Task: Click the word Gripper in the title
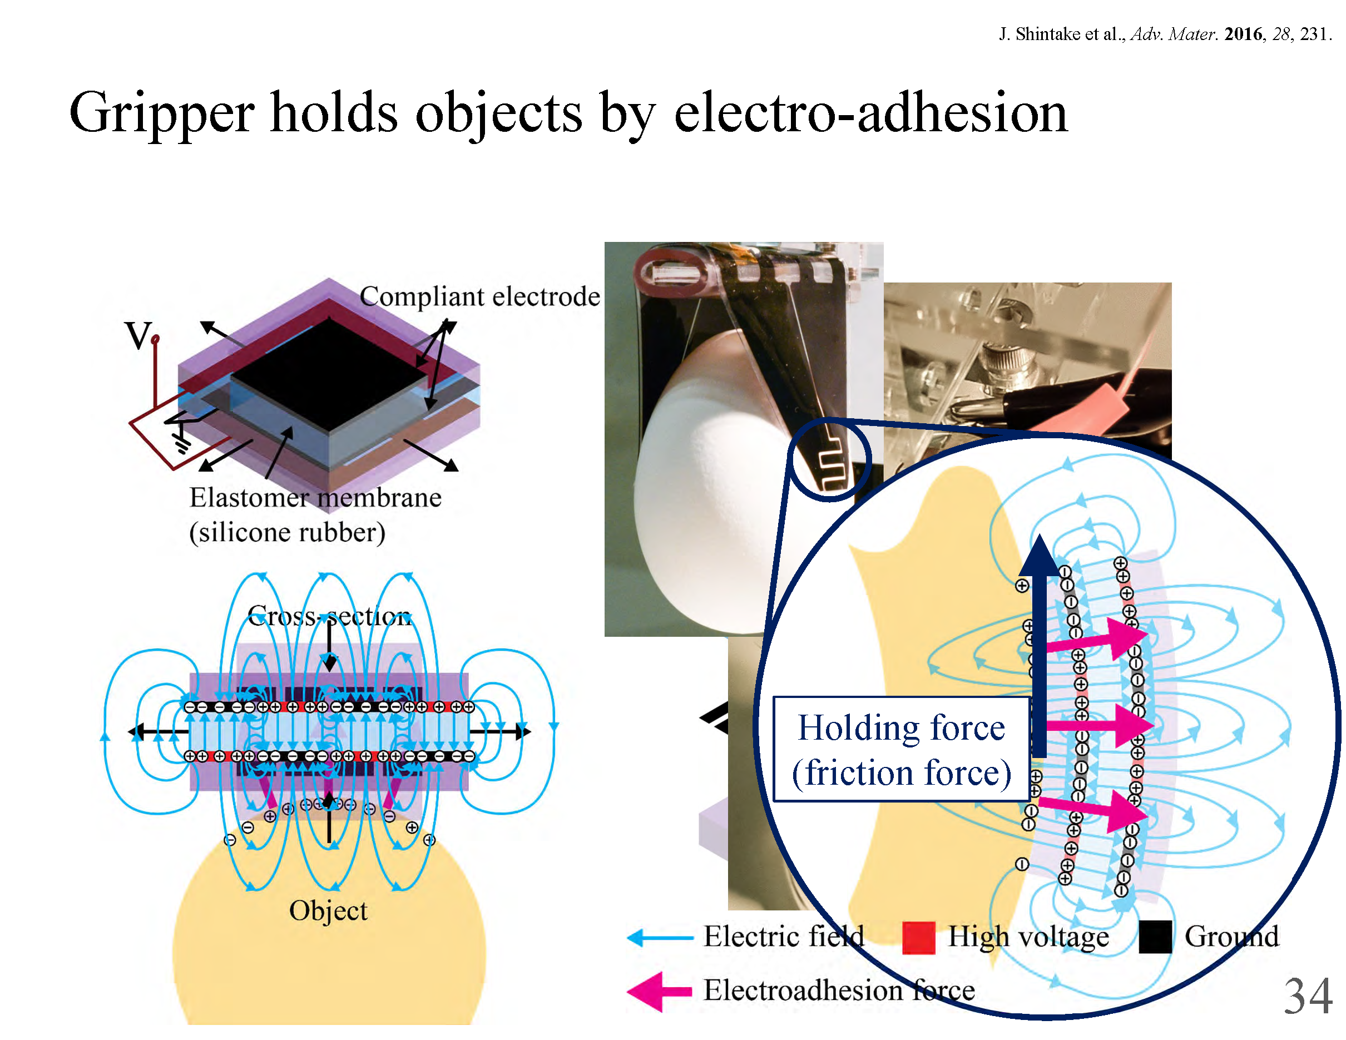click(x=161, y=114)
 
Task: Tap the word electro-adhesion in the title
click(x=870, y=114)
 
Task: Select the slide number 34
click(x=1308, y=996)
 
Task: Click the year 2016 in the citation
click(x=1243, y=34)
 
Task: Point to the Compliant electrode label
click(x=479, y=297)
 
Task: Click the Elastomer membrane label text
click(x=315, y=498)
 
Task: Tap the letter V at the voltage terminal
click(x=138, y=336)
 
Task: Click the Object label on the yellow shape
click(x=328, y=910)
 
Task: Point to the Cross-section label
click(x=329, y=616)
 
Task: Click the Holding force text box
click(x=901, y=749)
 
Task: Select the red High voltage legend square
click(x=918, y=938)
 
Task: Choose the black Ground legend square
click(x=1155, y=938)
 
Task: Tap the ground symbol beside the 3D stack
click(x=180, y=440)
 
